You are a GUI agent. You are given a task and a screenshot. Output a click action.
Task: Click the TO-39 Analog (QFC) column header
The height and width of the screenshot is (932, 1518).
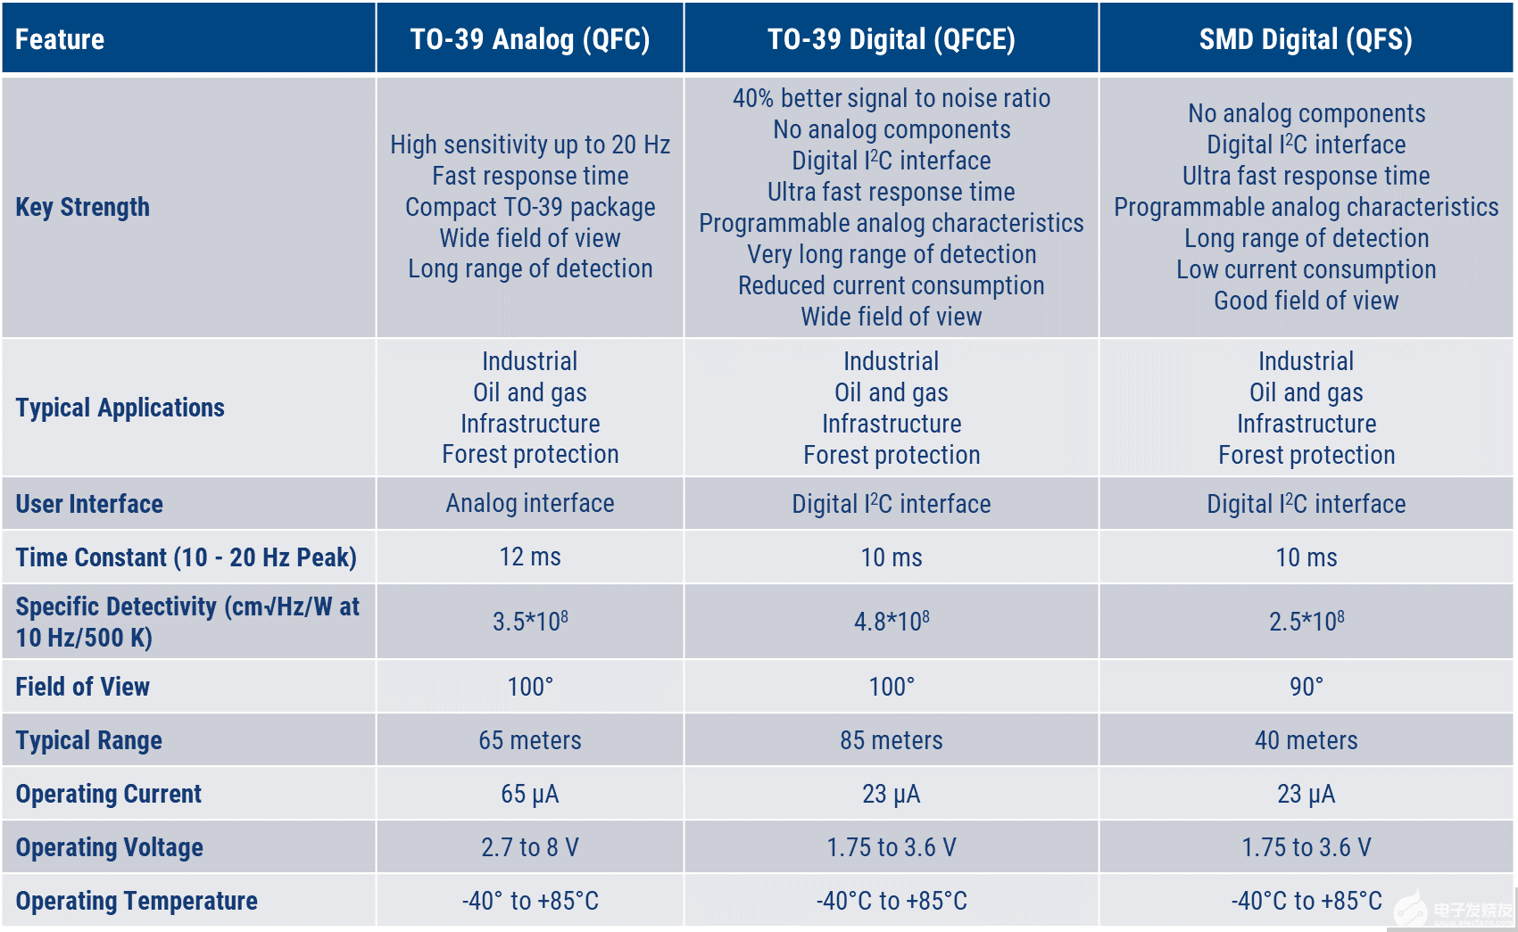[530, 39]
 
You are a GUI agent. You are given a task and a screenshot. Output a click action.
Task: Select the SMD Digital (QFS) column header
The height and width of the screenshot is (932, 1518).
[1306, 39]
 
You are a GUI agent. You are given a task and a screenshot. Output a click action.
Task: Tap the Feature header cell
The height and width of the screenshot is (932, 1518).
[60, 39]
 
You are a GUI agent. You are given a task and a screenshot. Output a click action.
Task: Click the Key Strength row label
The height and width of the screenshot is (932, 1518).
[82, 207]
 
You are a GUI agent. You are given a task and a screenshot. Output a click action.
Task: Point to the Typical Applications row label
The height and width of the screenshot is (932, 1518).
[120, 408]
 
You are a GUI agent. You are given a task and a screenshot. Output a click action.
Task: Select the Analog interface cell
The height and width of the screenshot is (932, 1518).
[530, 503]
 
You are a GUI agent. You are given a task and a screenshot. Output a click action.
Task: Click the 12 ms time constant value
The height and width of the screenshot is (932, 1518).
[530, 557]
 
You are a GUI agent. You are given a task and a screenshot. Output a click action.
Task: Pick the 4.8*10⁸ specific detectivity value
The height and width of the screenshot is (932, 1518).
[892, 621]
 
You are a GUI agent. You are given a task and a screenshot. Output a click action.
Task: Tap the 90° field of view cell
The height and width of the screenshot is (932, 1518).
[1306, 686]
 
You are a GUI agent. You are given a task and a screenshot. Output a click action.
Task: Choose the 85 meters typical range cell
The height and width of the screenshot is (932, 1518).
[892, 740]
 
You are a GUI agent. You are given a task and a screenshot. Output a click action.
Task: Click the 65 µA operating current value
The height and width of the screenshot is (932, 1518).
[530, 794]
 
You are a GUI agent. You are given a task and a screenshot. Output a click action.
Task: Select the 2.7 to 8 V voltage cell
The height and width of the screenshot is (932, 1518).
[530, 847]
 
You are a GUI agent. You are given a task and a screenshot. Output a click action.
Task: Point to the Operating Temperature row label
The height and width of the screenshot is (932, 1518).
[137, 901]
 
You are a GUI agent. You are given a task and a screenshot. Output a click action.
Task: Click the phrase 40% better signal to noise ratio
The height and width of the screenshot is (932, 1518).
[892, 98]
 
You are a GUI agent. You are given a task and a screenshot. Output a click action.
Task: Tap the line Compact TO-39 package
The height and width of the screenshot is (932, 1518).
[530, 207]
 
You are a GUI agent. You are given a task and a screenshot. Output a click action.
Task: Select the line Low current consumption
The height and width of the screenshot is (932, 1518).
[1306, 269]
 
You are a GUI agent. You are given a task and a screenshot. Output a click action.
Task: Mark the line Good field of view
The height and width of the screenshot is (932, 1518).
[1306, 301]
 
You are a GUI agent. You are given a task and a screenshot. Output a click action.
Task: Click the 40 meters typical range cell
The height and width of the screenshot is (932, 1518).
[1306, 740]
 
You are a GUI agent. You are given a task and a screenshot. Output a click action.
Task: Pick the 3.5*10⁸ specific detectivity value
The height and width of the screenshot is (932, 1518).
[530, 621]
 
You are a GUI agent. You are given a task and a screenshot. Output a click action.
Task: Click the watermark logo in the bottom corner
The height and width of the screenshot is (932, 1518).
[1455, 910]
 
